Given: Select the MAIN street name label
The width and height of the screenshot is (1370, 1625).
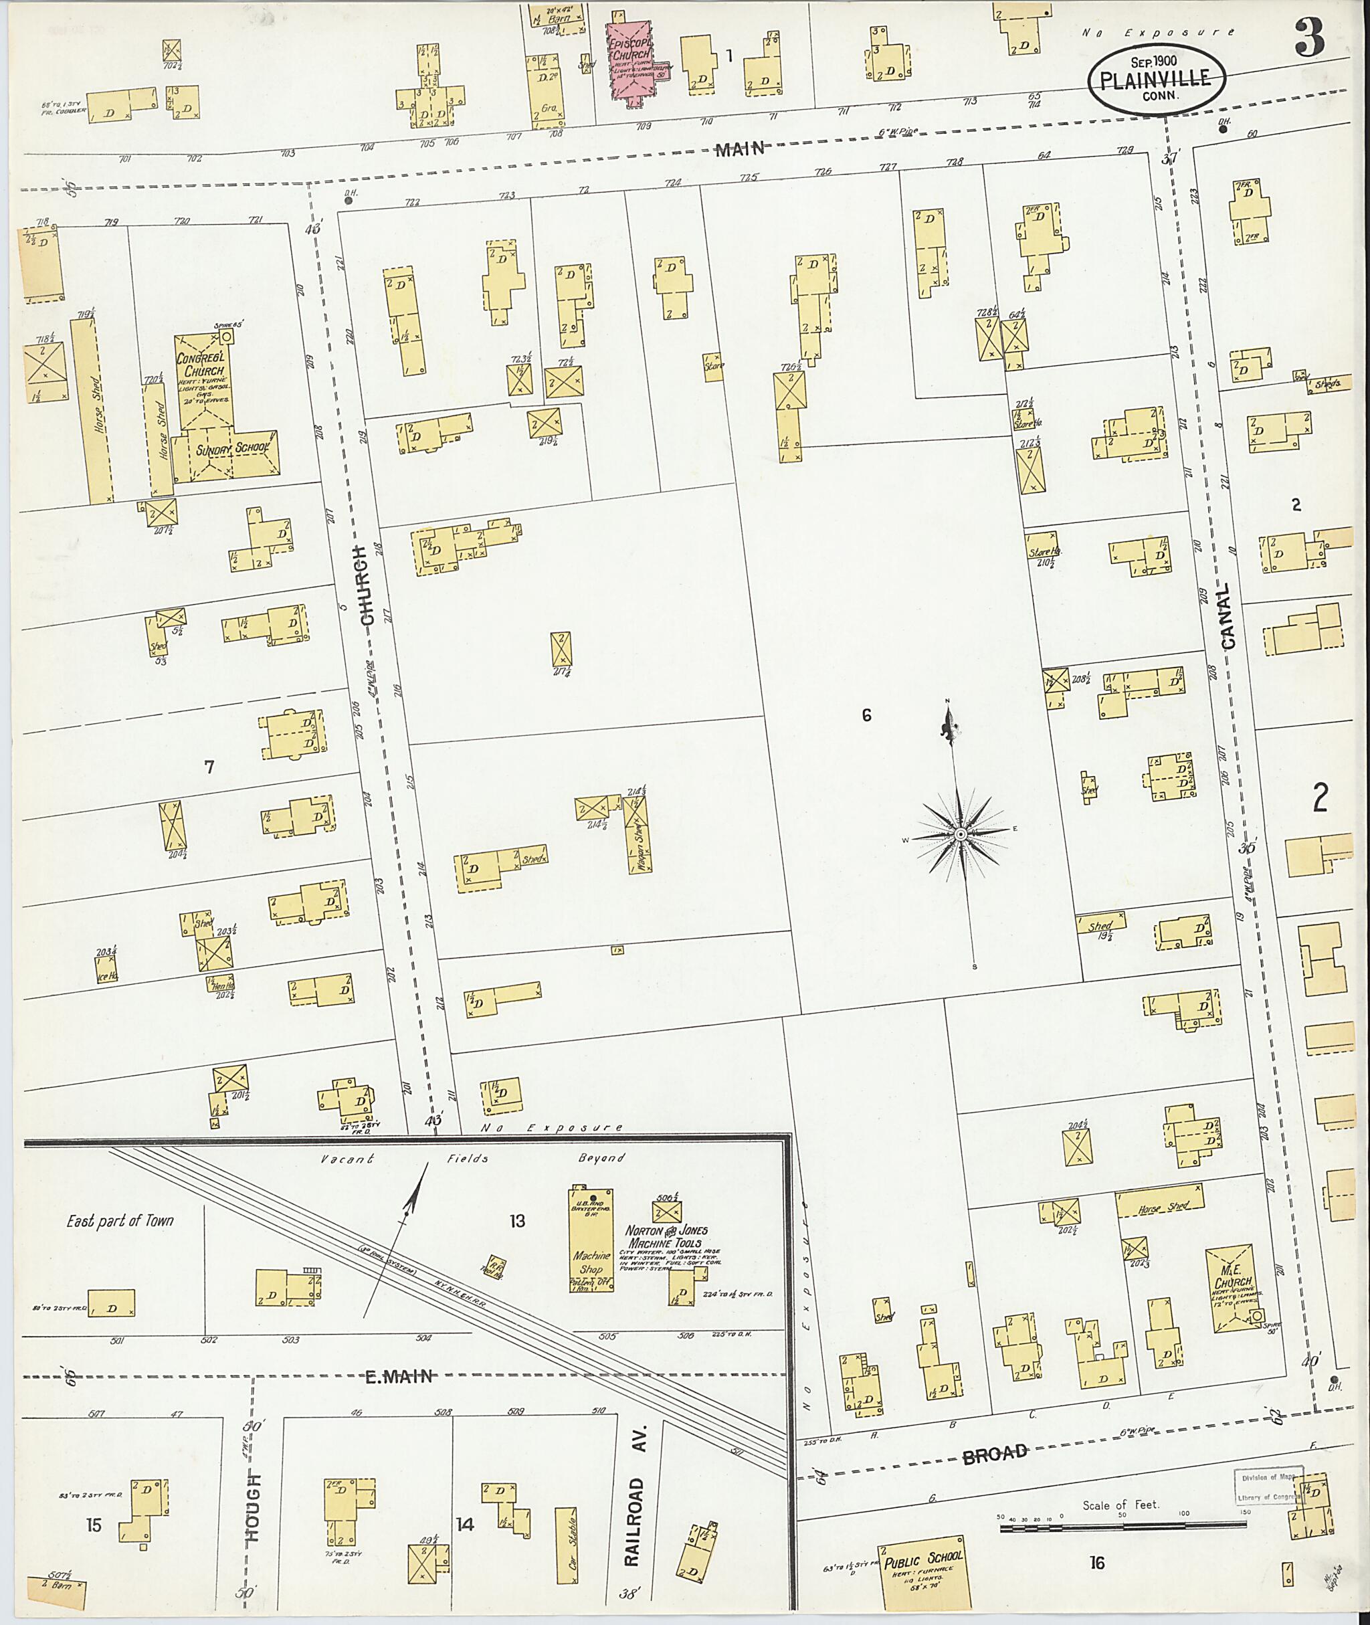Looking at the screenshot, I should point(739,150).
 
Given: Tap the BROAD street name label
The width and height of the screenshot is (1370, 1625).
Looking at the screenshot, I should point(995,1454).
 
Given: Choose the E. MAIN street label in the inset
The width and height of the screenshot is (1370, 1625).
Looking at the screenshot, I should point(399,1377).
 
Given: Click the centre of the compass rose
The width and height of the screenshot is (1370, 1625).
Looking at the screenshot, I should point(960,834).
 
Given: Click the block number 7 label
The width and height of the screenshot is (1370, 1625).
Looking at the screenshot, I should point(208,767).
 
